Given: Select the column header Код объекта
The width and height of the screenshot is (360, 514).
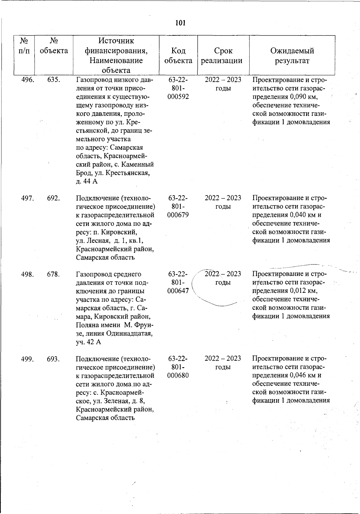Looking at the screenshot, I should (178, 56).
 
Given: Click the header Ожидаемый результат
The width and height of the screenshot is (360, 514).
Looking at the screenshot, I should (292, 56).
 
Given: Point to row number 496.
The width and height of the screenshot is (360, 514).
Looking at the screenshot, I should (28, 80).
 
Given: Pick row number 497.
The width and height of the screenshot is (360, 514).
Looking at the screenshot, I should (28, 198).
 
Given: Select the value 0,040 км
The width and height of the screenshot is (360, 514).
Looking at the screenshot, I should (302, 215).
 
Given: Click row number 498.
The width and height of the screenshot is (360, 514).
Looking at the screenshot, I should (28, 274).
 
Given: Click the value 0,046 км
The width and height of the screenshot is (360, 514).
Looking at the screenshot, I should (302, 375).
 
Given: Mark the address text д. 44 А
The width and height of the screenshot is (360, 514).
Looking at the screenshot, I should (87, 181).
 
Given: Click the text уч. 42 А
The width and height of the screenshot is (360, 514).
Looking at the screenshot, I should (88, 342).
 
